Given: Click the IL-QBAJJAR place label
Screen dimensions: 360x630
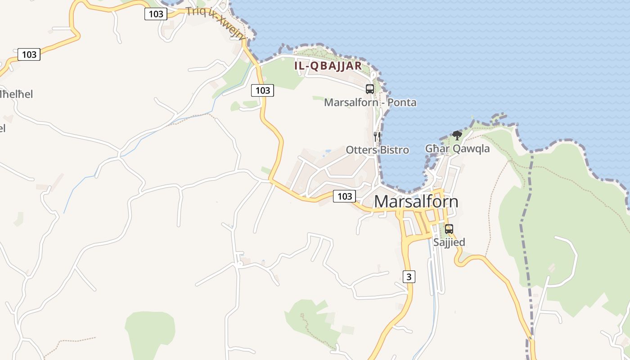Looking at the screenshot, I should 328,66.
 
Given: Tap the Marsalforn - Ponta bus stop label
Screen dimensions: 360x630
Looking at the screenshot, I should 370,103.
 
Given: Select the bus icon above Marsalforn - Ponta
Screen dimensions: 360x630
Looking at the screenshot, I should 370,89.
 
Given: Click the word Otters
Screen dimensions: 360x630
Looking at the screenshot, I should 360,150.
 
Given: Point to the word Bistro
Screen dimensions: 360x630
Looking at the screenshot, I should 394,150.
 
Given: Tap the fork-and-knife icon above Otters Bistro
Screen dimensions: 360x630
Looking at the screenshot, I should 377,136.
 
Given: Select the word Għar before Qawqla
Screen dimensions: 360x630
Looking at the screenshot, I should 435,148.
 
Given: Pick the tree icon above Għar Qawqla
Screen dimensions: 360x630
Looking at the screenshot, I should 457,135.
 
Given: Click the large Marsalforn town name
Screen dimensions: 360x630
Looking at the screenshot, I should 416,201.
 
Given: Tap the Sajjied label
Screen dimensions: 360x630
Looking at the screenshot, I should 449,242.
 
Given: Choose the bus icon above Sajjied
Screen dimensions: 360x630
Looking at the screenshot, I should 449,229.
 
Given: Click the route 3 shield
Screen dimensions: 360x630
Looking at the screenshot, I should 409,277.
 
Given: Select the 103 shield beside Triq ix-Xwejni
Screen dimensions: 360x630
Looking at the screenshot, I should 156,14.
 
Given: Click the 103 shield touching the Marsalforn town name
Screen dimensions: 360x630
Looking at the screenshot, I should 344,196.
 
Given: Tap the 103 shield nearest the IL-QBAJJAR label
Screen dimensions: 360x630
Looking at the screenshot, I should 262,90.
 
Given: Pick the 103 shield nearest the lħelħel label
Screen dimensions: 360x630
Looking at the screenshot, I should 29,55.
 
